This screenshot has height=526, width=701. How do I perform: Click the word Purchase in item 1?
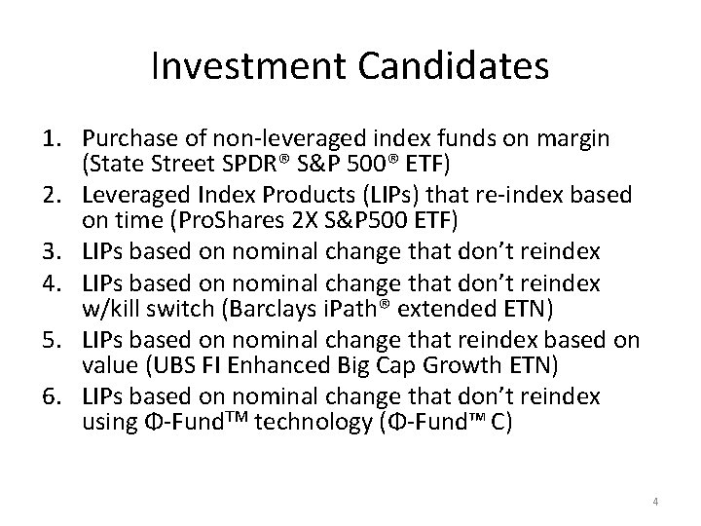pyautogui.click(x=127, y=137)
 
